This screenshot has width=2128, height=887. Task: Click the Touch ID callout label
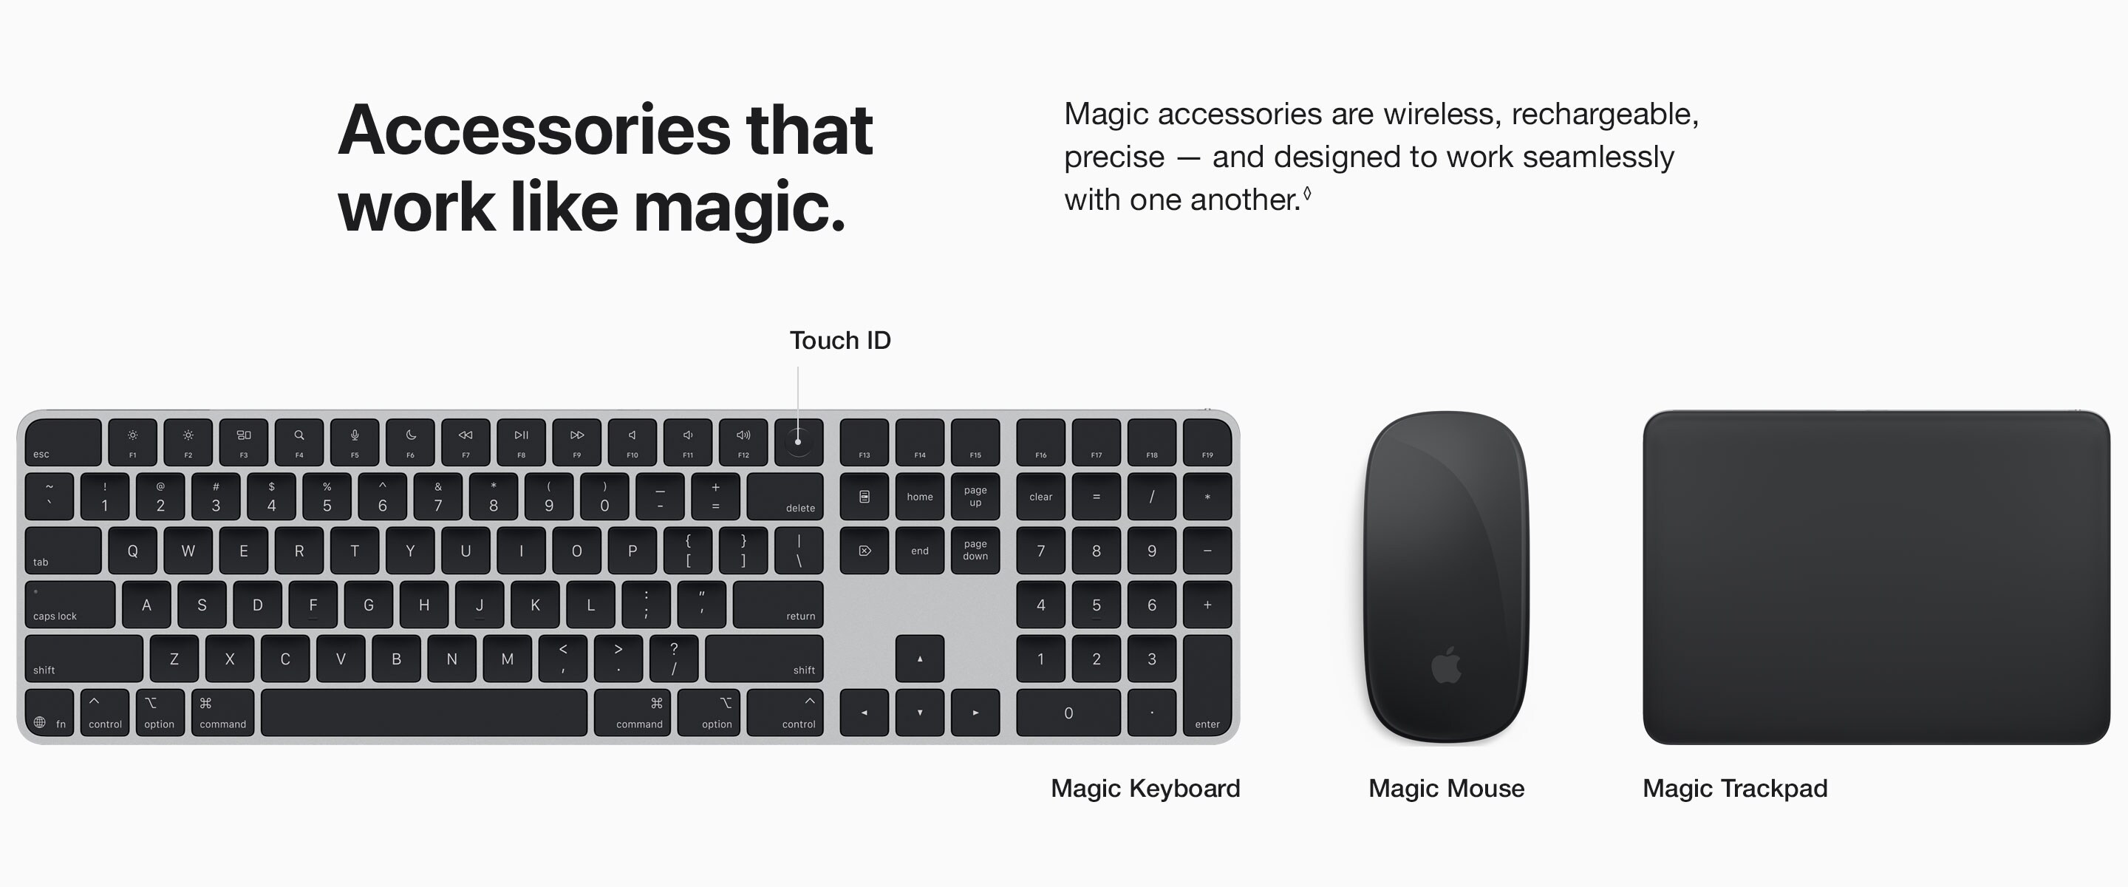(840, 341)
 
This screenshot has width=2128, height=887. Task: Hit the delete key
(785, 497)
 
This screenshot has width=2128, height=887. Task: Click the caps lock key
(70, 605)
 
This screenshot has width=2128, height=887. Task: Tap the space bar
(424, 713)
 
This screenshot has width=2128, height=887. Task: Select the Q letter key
(132, 551)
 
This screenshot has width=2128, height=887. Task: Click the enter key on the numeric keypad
(1207, 685)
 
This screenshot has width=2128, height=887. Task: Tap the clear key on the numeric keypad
(1041, 497)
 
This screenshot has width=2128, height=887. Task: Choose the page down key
(975, 551)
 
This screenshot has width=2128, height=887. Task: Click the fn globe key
(50, 713)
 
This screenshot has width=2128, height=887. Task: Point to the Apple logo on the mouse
(1447, 665)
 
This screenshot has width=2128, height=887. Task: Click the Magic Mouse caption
(1447, 789)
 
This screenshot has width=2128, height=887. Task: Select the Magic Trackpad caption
(1735, 789)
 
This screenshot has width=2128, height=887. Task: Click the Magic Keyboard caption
(1145, 789)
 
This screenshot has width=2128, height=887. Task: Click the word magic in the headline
(737, 207)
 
